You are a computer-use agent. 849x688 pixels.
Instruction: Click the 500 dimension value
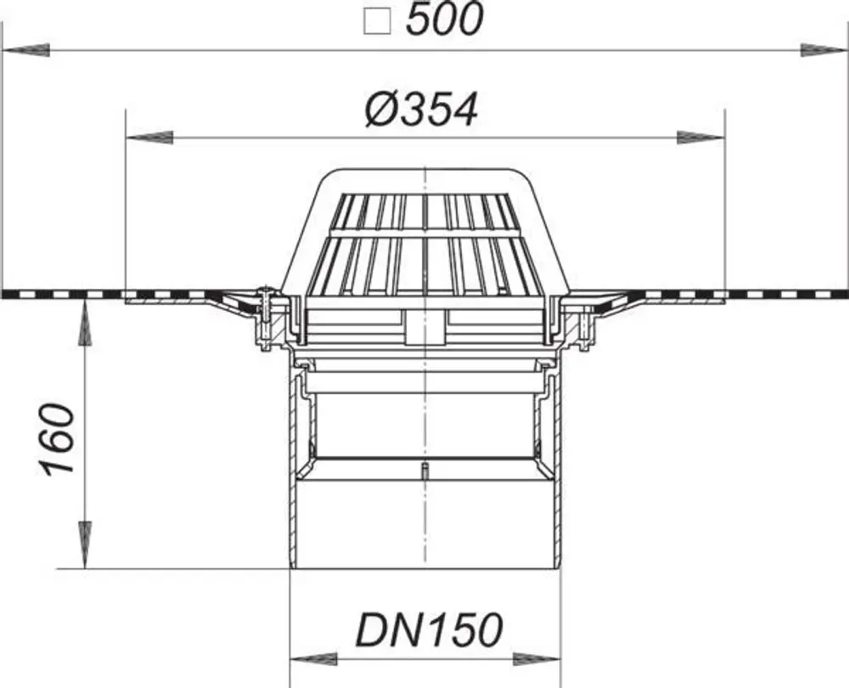click(443, 20)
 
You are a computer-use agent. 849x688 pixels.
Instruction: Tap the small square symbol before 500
click(378, 23)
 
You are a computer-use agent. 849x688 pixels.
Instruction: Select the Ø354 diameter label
click(421, 110)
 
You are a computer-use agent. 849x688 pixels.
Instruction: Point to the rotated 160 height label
click(59, 439)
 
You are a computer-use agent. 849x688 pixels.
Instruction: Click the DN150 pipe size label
click(429, 630)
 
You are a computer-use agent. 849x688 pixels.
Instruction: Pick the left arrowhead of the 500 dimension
click(26, 50)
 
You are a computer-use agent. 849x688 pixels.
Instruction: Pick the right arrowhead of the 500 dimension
click(824, 50)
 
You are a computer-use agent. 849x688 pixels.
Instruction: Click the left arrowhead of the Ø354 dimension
click(149, 137)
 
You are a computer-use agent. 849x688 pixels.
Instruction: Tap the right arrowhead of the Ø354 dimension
click(700, 137)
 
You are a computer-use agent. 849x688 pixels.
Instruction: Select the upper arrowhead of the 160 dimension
click(85, 324)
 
